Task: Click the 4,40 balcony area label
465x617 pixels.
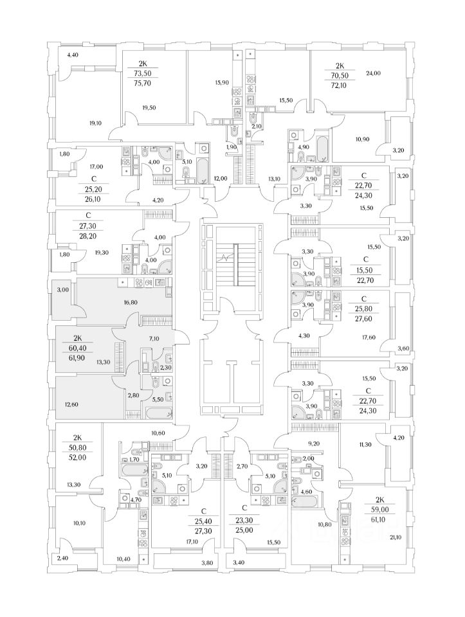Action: (x=73, y=55)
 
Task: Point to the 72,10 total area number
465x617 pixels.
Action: (x=339, y=85)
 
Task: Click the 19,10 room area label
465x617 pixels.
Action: (x=95, y=123)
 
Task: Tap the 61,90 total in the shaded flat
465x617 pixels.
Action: (x=82, y=358)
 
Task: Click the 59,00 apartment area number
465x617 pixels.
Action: (x=379, y=509)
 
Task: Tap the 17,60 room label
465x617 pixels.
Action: (x=368, y=337)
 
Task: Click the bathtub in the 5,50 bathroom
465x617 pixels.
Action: (x=160, y=413)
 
